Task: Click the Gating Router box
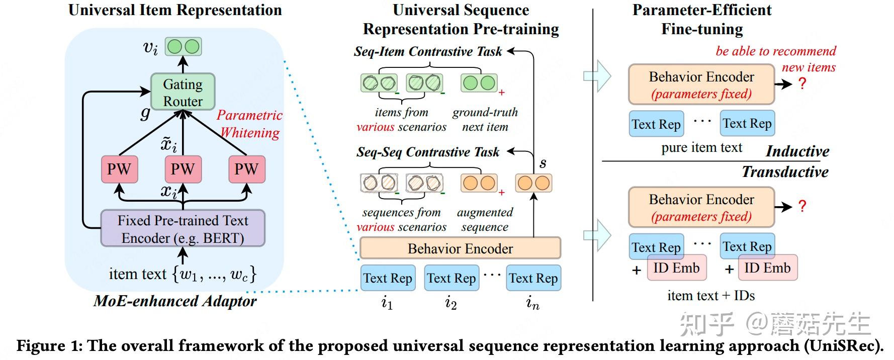[183, 93]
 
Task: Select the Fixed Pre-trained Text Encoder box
[183, 229]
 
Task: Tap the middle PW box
[183, 169]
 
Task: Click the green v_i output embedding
[183, 47]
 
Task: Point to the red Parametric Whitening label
[249, 124]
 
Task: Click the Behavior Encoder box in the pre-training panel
[460, 248]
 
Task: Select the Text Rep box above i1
[388, 278]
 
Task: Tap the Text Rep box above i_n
[533, 278]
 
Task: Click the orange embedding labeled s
[533, 183]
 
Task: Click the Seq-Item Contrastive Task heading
[428, 51]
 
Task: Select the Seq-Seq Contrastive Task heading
[428, 152]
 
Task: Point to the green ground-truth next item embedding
[479, 83]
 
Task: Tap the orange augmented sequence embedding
[479, 183]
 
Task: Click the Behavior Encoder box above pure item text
[701, 84]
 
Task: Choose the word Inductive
[797, 151]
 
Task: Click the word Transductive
[785, 172]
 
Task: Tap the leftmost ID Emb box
[676, 268]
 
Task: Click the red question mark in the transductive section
[802, 206]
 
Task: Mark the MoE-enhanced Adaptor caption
[175, 301]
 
